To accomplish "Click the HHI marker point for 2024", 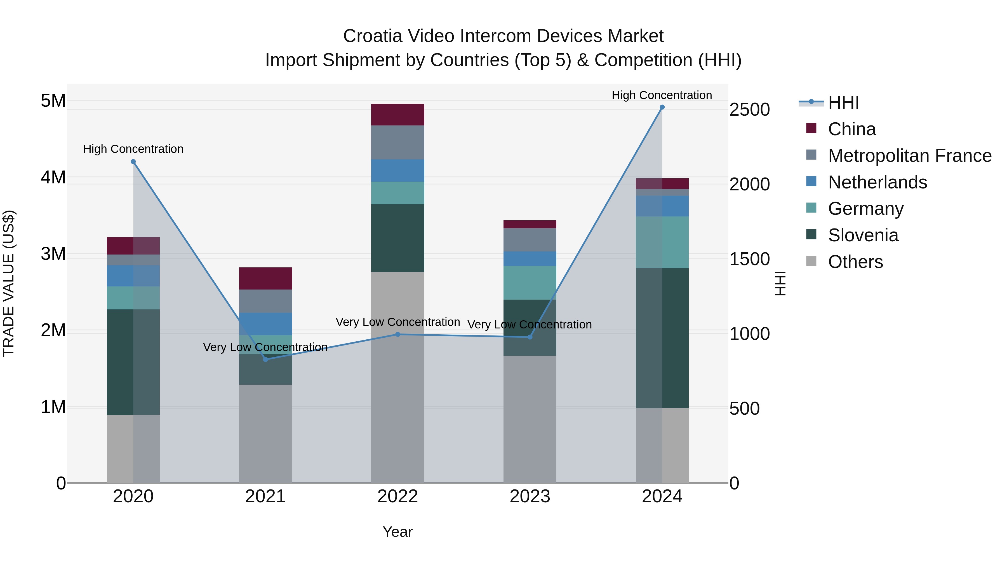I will pos(662,107).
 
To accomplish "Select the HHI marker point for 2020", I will pos(133,162).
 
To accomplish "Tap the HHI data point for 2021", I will pos(265,359).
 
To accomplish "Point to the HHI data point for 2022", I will pos(397,334).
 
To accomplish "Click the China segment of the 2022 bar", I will pos(397,115).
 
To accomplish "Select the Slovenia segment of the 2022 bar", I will pos(397,238).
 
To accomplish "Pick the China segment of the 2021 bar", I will pos(265,278).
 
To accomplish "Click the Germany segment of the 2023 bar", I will pos(530,283).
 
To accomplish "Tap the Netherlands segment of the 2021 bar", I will pos(265,324).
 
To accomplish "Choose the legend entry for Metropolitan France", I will pos(910,156).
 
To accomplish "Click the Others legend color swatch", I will pos(811,261).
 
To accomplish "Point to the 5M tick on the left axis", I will pos(53,101).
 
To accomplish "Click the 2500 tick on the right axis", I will pos(749,109).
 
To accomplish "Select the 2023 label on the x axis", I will pos(530,496).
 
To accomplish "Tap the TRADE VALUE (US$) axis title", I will pos(9,283).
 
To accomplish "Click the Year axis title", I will pos(397,532).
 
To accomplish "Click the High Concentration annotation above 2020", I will pos(133,149).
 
